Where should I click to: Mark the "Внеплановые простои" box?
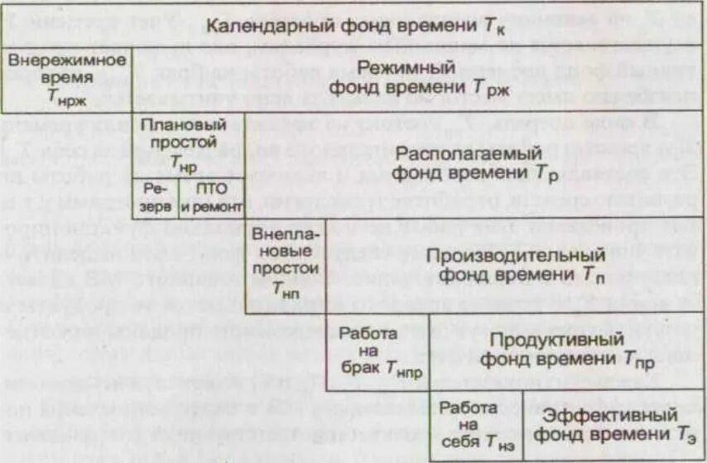(x=285, y=259)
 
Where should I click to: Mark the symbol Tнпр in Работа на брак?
(x=404, y=371)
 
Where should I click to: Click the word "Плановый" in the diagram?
(x=185, y=125)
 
